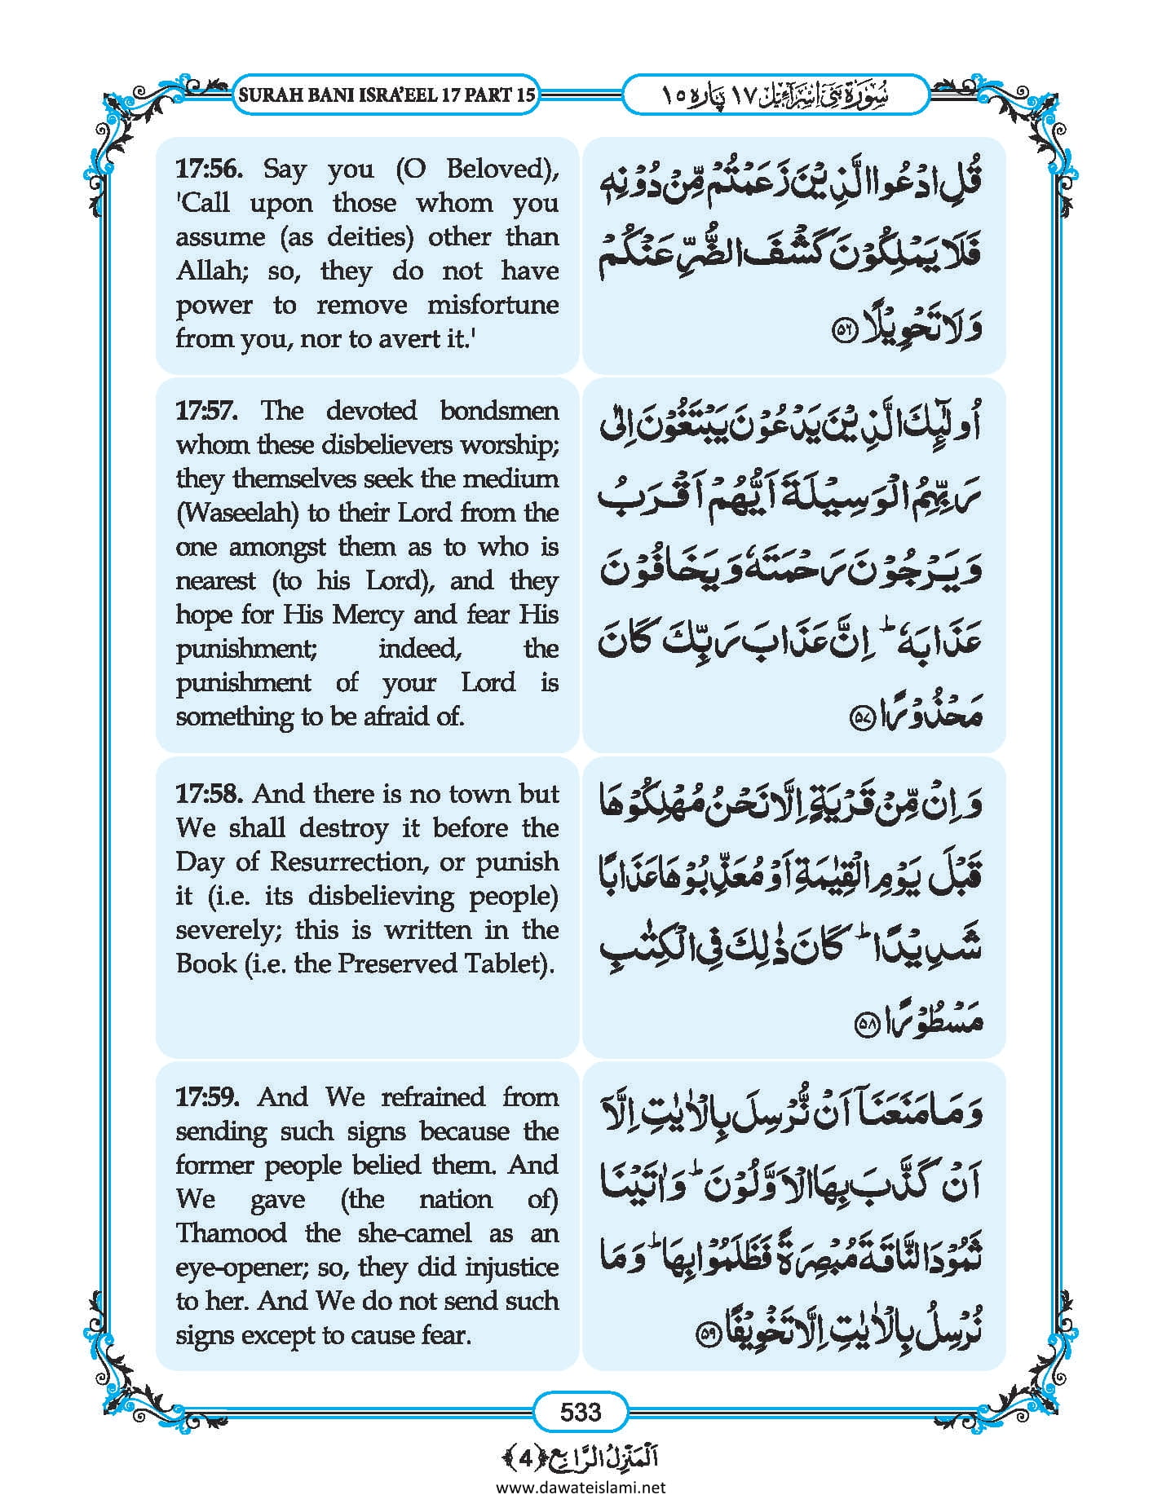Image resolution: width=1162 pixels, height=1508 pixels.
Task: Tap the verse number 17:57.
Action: coord(207,410)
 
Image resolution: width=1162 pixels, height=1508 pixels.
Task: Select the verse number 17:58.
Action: coord(208,793)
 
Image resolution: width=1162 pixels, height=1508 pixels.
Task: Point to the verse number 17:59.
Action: coord(208,1096)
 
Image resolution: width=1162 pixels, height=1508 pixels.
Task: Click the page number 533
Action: coord(581,1411)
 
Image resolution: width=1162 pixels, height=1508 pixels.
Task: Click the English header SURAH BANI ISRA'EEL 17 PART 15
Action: coord(387,95)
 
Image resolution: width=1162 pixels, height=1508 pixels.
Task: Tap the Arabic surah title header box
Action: coord(775,95)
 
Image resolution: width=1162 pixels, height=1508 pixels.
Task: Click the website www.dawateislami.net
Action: coord(581,1487)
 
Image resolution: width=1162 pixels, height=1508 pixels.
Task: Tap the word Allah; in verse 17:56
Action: coord(214,271)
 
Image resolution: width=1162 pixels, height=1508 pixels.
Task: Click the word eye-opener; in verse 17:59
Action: coord(234,1267)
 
